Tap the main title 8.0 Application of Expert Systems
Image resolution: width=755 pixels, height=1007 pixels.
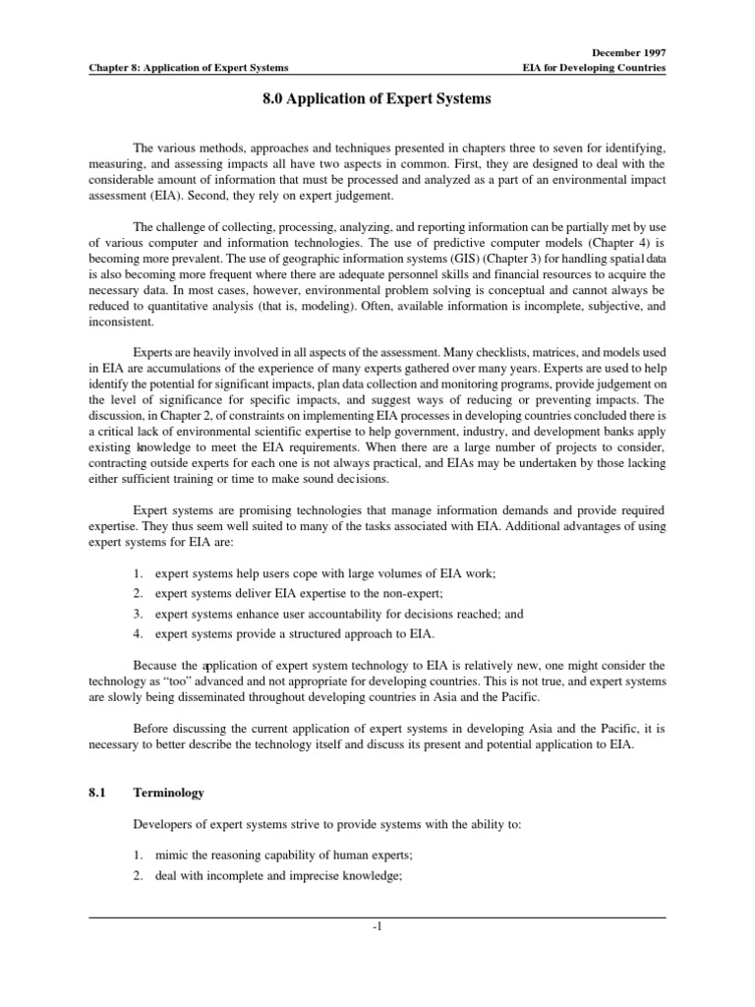377,99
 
